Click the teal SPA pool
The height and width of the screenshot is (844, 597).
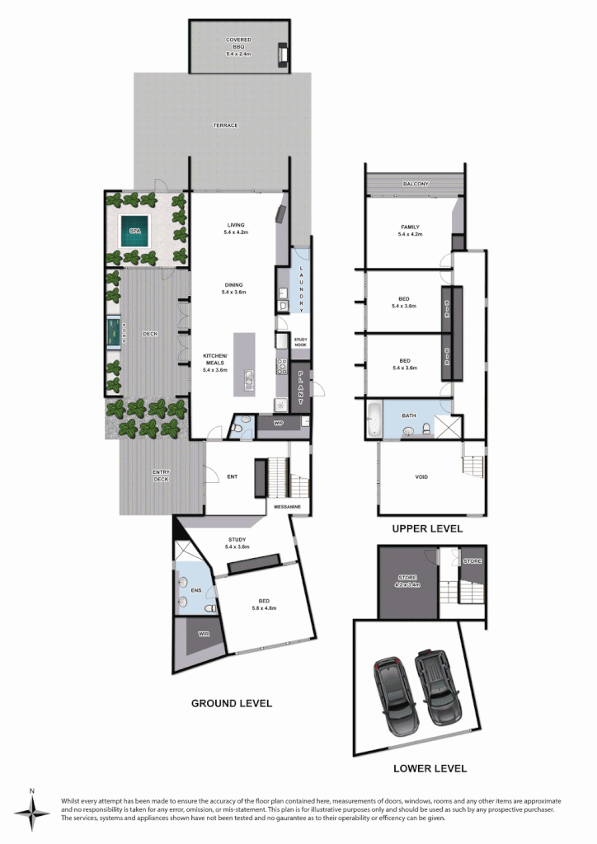coord(135,232)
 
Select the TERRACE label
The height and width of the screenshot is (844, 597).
coord(225,125)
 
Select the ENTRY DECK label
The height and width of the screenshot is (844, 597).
coord(162,476)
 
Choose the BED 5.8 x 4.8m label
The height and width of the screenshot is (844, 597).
coord(264,605)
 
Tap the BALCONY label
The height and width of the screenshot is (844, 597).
coord(416,184)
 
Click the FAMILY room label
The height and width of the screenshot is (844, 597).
coord(410,230)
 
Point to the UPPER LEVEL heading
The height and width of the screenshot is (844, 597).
coord(427,528)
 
